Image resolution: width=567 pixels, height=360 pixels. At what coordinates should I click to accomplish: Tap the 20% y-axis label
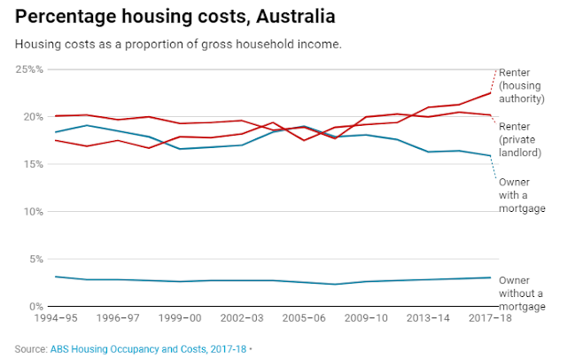coord(30,117)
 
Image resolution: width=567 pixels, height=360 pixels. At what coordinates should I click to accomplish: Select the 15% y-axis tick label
coord(30,164)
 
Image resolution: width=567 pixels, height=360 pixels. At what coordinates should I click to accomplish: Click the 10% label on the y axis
coord(30,212)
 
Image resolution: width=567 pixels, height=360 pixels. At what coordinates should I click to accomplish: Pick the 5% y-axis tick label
coord(33,259)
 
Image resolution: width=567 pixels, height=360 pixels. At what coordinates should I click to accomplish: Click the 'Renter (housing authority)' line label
coord(522,85)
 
